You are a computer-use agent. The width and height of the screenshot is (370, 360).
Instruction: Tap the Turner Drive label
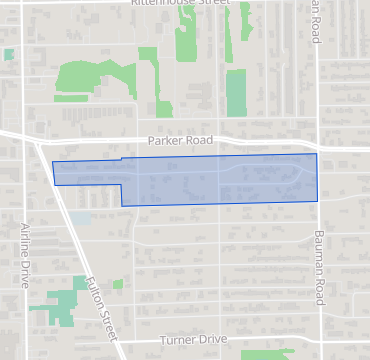(188, 340)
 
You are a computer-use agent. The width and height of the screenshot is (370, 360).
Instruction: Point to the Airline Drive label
(26, 255)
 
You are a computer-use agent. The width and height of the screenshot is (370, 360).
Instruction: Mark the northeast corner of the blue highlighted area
(317, 154)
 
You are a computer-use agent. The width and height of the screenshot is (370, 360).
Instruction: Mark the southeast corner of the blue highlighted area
(318, 201)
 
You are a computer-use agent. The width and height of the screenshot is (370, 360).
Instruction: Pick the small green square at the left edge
(9, 54)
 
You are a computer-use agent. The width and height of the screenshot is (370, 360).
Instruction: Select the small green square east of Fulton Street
(117, 285)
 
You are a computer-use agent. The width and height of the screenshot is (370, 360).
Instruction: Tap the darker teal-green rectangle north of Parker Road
(235, 93)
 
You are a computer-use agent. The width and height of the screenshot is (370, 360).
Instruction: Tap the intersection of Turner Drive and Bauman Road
(320, 340)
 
